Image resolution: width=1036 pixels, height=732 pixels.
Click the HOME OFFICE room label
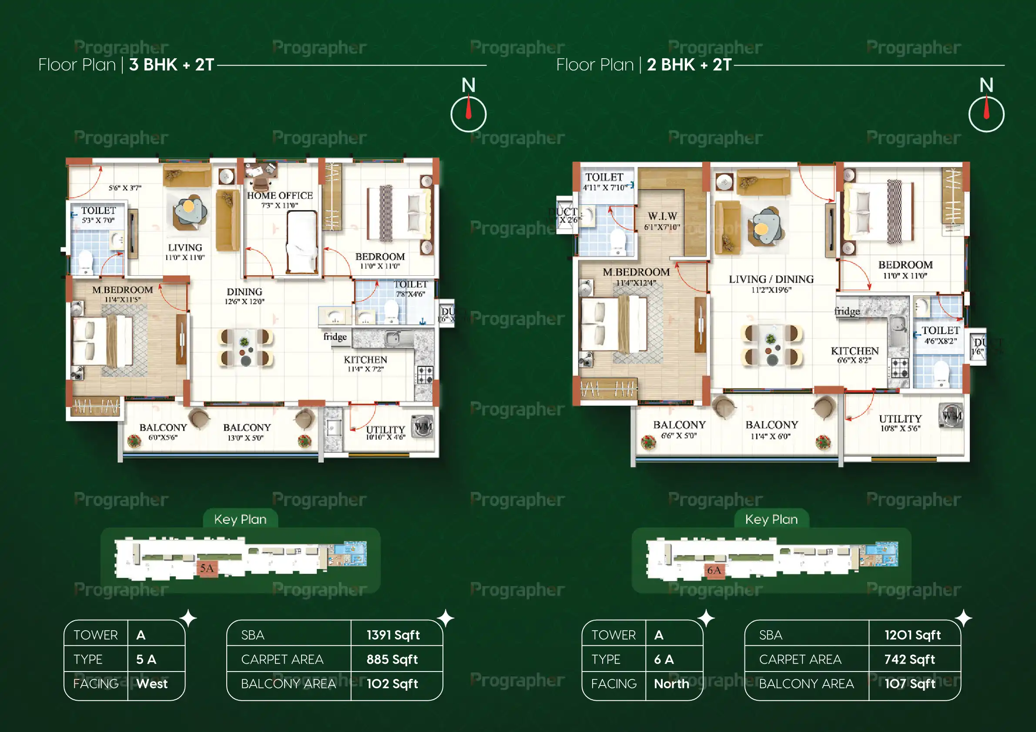(x=280, y=195)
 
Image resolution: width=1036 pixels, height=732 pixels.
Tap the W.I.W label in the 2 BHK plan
(x=662, y=216)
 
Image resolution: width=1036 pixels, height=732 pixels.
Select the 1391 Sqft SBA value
(x=393, y=635)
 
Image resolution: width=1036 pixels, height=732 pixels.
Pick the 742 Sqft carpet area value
(x=909, y=659)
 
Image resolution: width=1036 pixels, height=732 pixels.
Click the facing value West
(x=151, y=684)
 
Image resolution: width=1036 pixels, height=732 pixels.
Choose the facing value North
(x=671, y=684)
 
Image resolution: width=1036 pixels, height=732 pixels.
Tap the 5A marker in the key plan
(x=207, y=568)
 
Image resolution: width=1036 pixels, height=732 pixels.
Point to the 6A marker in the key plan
(x=714, y=571)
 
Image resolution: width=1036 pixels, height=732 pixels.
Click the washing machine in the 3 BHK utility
(x=423, y=426)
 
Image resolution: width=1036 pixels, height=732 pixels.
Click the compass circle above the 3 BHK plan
(x=468, y=114)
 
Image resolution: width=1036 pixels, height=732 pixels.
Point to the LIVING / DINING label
(x=771, y=279)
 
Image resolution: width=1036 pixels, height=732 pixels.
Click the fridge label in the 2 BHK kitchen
(x=846, y=311)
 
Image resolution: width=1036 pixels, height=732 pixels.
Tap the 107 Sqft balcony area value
(x=910, y=684)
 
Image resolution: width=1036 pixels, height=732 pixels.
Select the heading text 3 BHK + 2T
(x=171, y=65)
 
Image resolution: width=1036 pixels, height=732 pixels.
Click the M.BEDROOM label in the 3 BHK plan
(x=122, y=290)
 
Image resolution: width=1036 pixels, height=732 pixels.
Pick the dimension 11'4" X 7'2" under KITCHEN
(x=365, y=369)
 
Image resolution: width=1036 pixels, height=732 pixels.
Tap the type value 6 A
(x=664, y=659)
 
